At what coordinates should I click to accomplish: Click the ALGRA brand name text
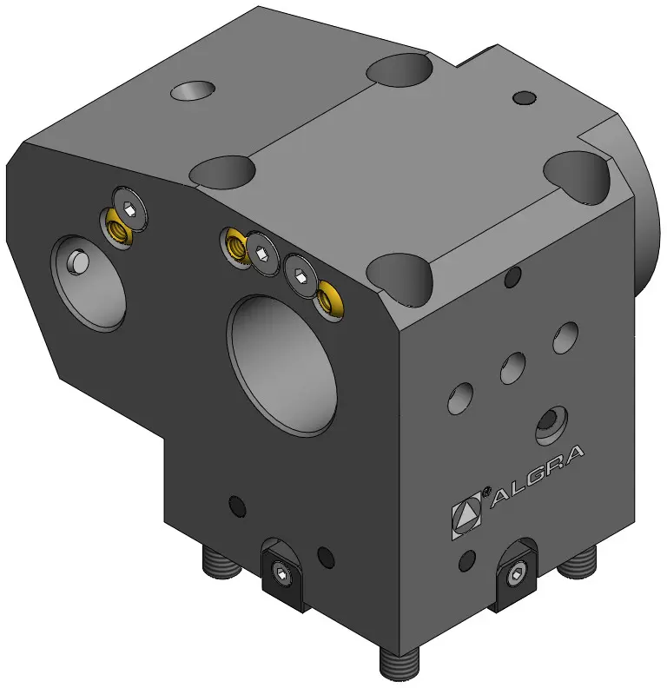[x=537, y=476]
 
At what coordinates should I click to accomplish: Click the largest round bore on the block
[x=281, y=365]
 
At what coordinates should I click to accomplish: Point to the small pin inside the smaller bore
[x=78, y=262]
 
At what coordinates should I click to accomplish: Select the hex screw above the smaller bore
[x=129, y=208]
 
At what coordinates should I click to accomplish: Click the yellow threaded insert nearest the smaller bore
[x=117, y=228]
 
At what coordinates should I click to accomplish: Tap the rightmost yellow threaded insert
[x=329, y=300]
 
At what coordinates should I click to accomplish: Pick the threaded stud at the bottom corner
[x=399, y=664]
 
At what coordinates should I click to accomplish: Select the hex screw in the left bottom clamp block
[x=280, y=572]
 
